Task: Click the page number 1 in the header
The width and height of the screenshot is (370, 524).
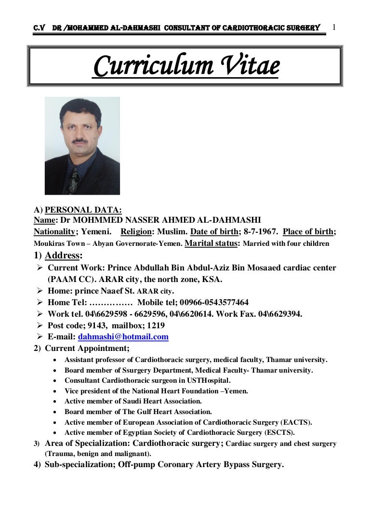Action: (334, 27)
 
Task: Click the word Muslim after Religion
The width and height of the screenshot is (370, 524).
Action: (170, 231)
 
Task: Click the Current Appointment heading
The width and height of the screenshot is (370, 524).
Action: (87, 348)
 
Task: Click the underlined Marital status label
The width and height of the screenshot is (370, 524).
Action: (211, 243)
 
